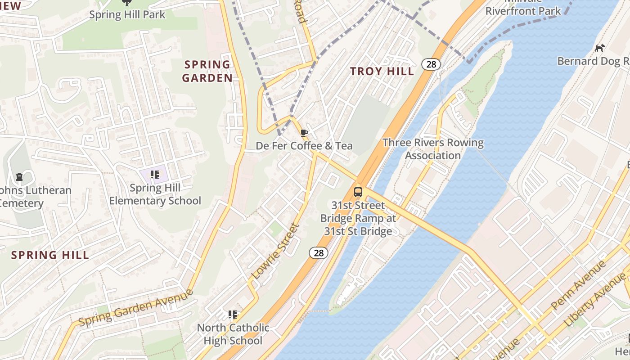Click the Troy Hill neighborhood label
coord(382,71)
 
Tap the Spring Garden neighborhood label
coord(207,71)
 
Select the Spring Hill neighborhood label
coord(50,255)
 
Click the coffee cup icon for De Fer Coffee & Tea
coord(304,133)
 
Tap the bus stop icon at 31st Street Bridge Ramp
coord(358,192)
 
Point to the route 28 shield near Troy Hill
coord(431,64)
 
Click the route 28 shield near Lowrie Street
coord(318,253)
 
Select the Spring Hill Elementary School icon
coord(155,175)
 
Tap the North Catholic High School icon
coord(233,315)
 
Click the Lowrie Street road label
coord(275,251)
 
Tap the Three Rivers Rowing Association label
coord(433,149)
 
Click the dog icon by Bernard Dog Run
coord(600,48)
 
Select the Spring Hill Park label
coord(127,14)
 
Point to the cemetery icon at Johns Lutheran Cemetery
coord(19,177)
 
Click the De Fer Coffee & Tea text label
coord(304,146)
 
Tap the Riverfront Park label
coord(523,11)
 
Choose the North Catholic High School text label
coord(233,334)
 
